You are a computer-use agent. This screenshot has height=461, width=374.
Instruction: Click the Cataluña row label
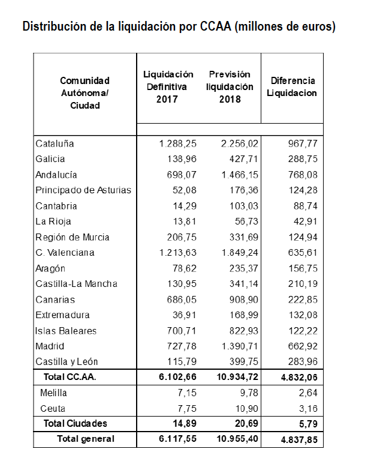pyautogui.click(x=55, y=144)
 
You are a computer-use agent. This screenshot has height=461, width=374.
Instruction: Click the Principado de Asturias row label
pyautogui.click(x=83, y=191)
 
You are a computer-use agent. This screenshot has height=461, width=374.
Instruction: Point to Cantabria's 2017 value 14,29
pyautogui.click(x=183, y=206)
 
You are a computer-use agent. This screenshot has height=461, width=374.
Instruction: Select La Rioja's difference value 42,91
pyautogui.click(x=303, y=222)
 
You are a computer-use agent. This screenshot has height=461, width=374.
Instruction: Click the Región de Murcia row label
pyautogui.click(x=73, y=238)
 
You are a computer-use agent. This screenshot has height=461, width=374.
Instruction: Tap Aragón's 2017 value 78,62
pyautogui.click(x=183, y=269)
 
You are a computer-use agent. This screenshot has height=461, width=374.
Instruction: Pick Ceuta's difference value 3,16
pyautogui.click(x=305, y=409)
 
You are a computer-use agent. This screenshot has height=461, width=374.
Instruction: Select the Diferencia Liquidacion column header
pyautogui.click(x=292, y=87)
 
